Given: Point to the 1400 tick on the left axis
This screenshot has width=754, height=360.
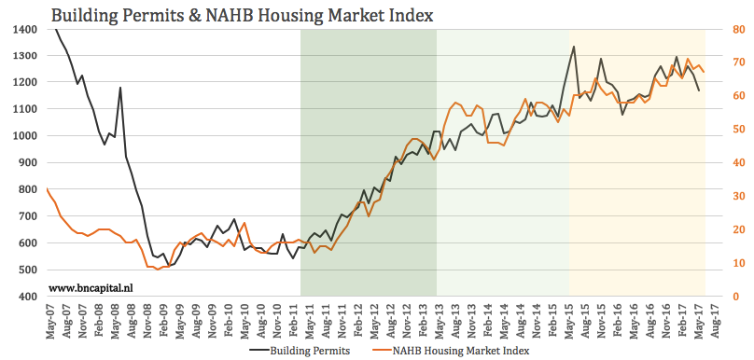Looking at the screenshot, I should click(x=24, y=30).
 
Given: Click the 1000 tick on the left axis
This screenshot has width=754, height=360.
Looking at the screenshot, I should click(x=24, y=136).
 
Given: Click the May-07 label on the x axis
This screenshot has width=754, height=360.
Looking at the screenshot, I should click(x=49, y=322).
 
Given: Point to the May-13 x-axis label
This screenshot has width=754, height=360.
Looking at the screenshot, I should click(x=438, y=322).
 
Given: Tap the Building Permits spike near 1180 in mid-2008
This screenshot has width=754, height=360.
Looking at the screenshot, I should click(x=120, y=88).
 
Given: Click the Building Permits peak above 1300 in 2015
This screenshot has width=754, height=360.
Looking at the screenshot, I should click(x=574, y=47).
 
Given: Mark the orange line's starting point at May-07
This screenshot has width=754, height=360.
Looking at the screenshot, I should click(x=48, y=189).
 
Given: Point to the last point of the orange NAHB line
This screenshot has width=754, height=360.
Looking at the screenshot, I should click(x=705, y=73).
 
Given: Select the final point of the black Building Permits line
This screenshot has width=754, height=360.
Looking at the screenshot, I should click(x=699, y=90).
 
